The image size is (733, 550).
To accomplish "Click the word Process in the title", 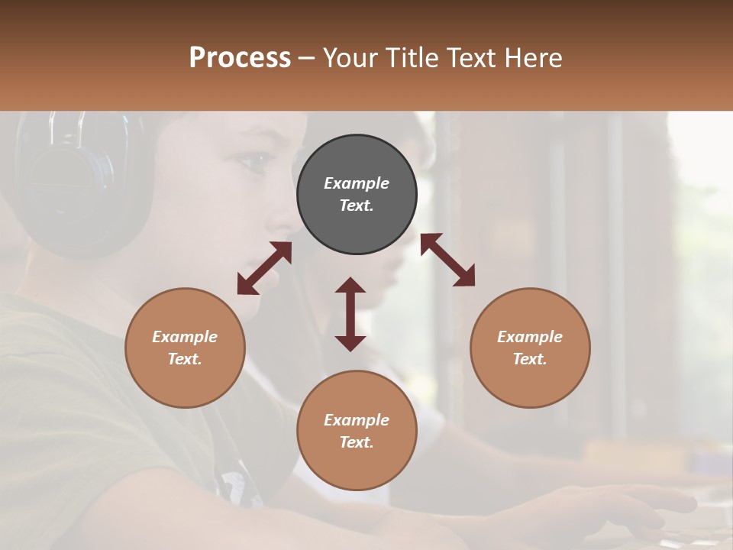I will tap(240, 58).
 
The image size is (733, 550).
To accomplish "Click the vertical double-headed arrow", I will tap(350, 314).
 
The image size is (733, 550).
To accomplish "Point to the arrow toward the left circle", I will tap(264, 268).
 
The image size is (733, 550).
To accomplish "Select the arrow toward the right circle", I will tap(447, 260).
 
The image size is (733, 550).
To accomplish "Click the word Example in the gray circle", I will tap(357, 183).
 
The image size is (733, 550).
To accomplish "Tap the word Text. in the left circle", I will tap(185, 359).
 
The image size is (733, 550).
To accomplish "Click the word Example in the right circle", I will tap(530, 337).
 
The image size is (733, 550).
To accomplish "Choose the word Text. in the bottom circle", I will tap(357, 442).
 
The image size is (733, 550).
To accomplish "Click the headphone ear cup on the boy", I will tap(73, 183).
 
